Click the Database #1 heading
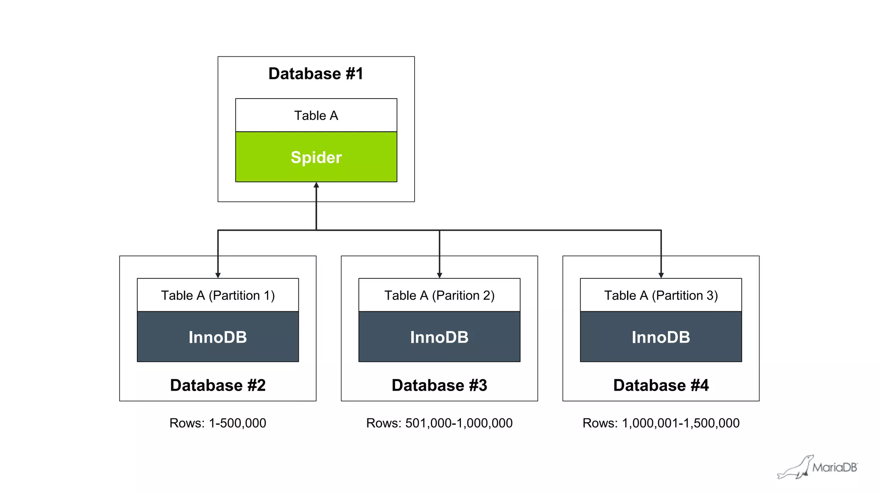click(x=316, y=74)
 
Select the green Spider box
click(x=316, y=157)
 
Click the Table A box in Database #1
click(x=316, y=115)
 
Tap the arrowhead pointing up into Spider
click(x=316, y=185)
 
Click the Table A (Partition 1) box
click(x=218, y=295)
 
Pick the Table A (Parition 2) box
click(x=439, y=295)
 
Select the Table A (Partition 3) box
click(x=661, y=295)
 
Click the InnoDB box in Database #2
click(x=218, y=337)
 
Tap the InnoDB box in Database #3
click(x=439, y=337)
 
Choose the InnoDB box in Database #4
click(x=661, y=337)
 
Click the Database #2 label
click(x=218, y=385)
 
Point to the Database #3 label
click(x=439, y=385)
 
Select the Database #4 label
click(x=661, y=385)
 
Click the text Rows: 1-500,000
click(x=218, y=423)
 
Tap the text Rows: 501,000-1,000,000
click(x=439, y=423)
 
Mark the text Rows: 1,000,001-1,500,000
click(x=661, y=423)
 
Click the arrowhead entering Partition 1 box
click(x=218, y=275)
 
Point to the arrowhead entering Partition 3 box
click(x=661, y=275)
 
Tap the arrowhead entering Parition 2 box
click(x=439, y=275)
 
